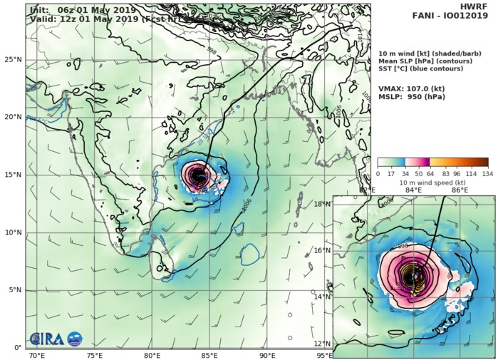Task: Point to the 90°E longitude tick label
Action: [268, 354]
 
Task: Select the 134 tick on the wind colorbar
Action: [488, 174]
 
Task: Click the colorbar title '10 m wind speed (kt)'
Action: [432, 182]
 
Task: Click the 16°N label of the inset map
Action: [324, 250]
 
